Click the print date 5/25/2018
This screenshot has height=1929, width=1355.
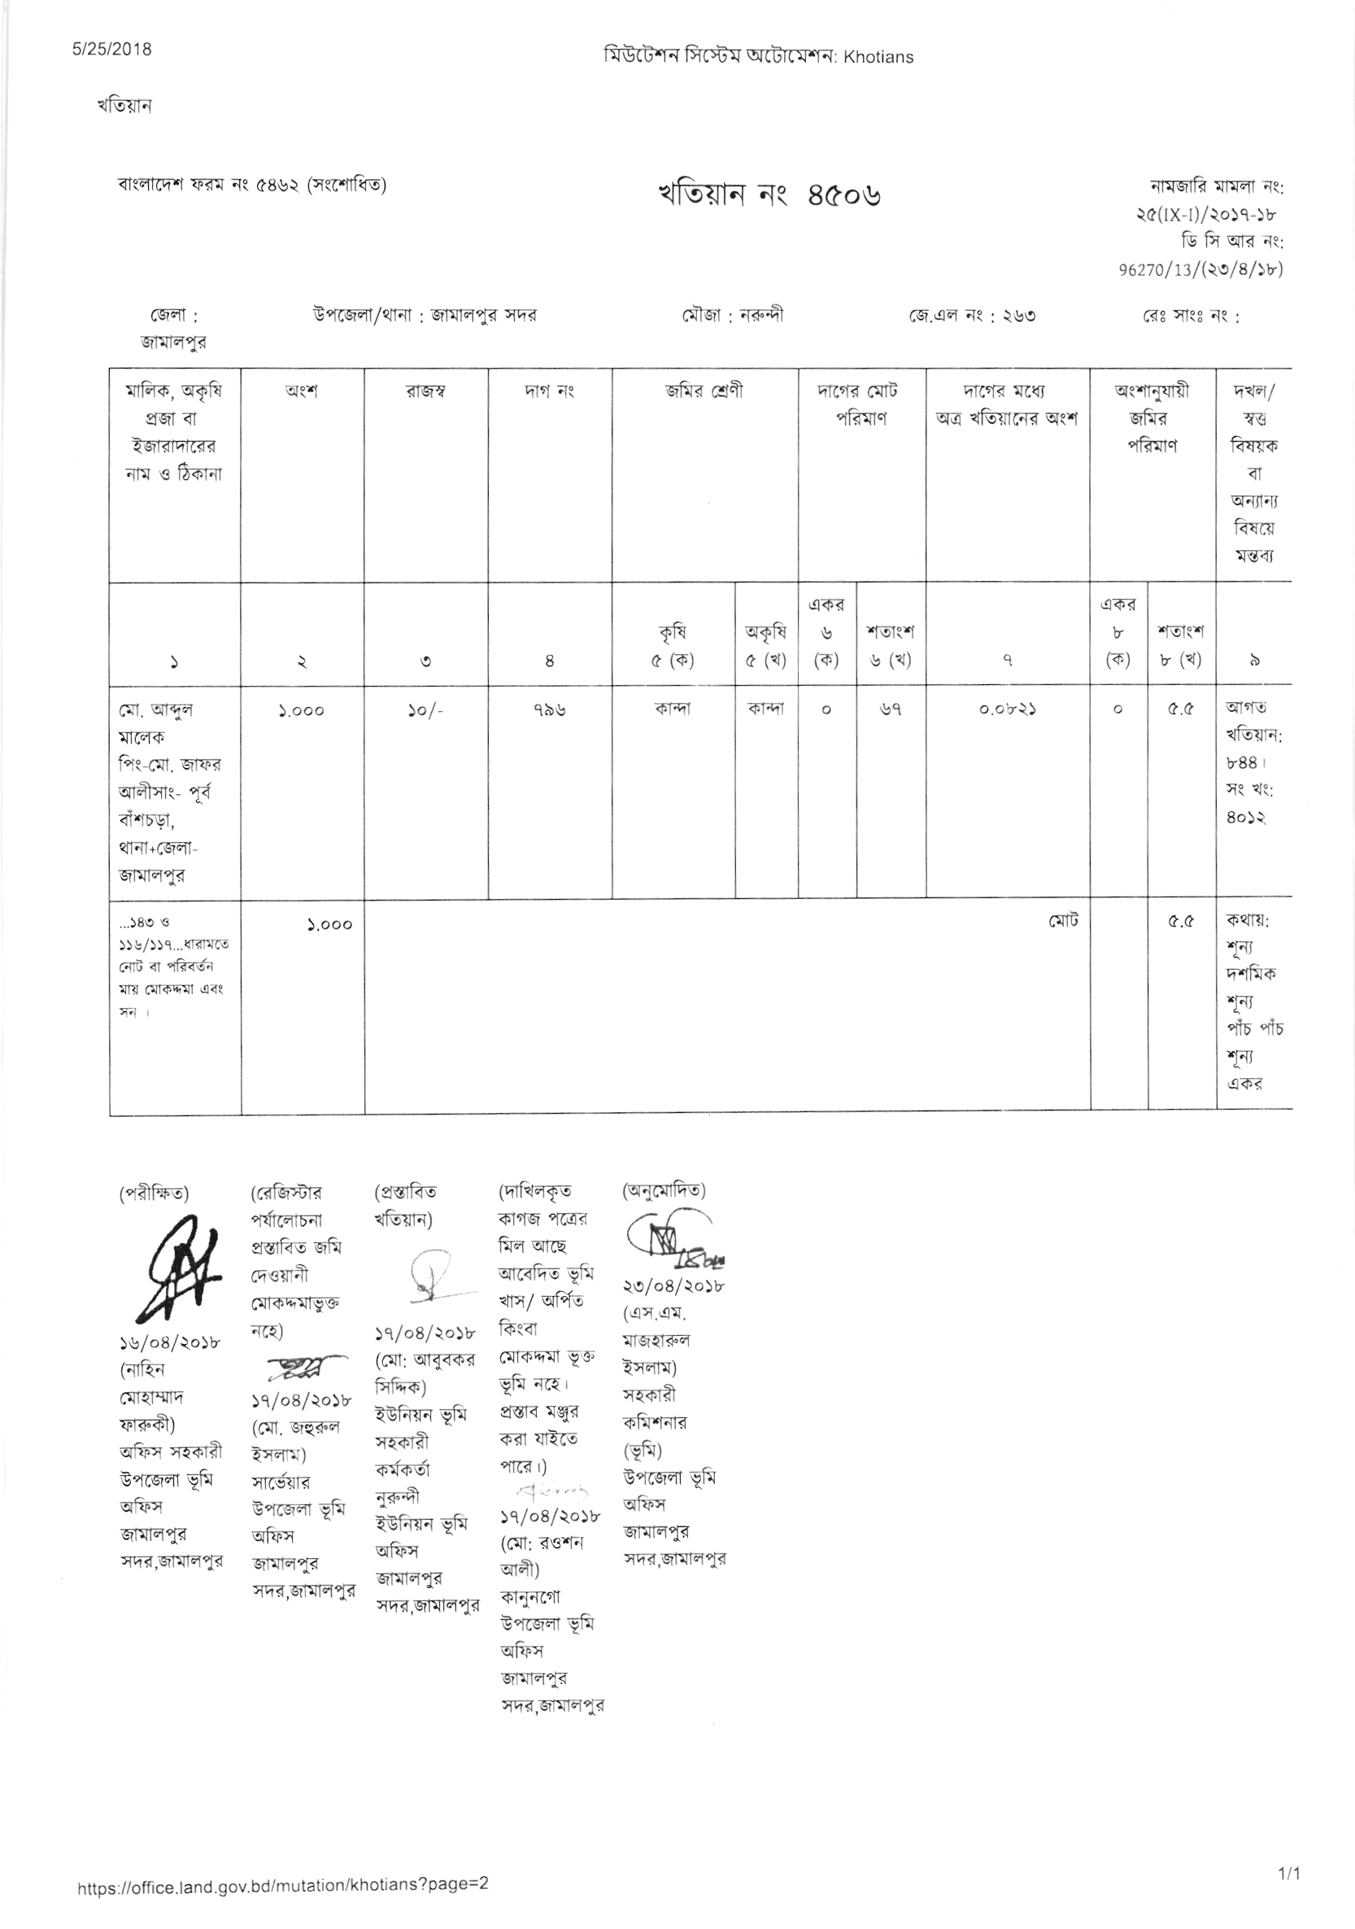111,49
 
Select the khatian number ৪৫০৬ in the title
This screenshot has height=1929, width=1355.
843,196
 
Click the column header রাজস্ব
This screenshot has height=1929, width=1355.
426,391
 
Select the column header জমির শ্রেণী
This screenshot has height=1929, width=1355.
705,391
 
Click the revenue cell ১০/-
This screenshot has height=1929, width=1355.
426,710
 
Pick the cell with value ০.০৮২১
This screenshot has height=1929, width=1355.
1007,710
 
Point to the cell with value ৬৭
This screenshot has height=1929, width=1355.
891,710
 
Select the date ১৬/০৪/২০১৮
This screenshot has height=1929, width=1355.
171,1342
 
